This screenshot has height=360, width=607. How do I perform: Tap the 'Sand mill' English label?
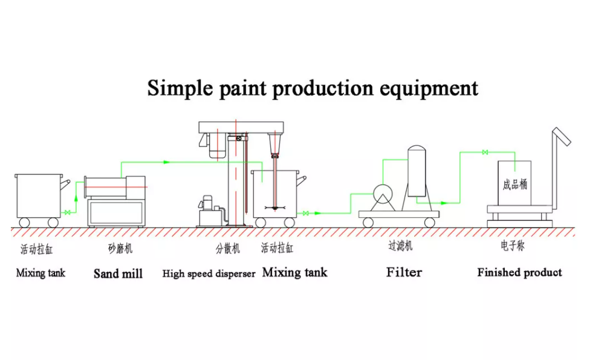pyautogui.click(x=118, y=273)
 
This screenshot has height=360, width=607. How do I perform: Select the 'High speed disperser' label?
pyautogui.click(x=209, y=273)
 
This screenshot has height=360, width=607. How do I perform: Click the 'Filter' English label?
pyautogui.click(x=404, y=272)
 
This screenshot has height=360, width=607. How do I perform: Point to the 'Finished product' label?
pyautogui.click(x=519, y=272)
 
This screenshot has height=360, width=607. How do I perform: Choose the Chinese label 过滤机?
pyautogui.click(x=400, y=247)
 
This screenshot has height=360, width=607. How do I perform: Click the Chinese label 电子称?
pyautogui.click(x=512, y=247)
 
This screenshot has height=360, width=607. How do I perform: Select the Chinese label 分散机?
pyautogui.click(x=228, y=248)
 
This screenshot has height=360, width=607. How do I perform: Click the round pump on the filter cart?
pyautogui.click(x=382, y=194)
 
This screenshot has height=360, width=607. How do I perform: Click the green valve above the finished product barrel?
pyautogui.click(x=484, y=152)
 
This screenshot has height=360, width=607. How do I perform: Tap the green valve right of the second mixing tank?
pyautogui.click(x=306, y=213)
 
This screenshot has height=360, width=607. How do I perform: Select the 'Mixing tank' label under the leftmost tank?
pyautogui.click(x=41, y=273)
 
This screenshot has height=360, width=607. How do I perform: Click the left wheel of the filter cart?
pyautogui.click(x=368, y=222)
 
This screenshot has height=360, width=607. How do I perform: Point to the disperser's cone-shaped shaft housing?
pyautogui.click(x=276, y=144)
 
